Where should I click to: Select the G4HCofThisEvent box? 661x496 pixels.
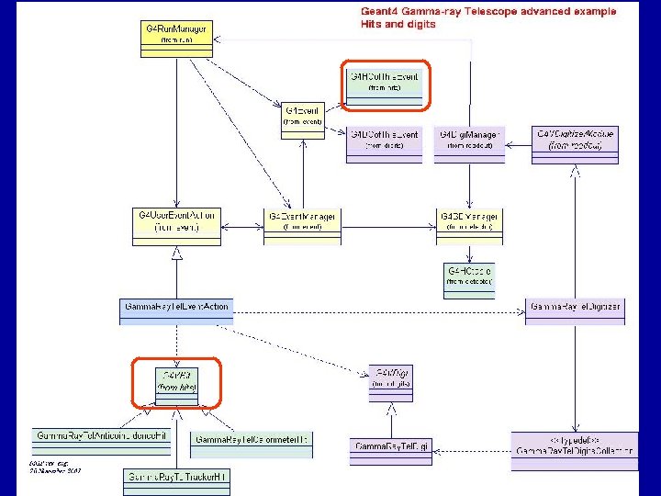(384, 82)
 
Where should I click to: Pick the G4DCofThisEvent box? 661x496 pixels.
(384, 140)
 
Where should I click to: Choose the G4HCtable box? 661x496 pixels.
(469, 278)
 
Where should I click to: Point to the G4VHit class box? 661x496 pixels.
(177, 382)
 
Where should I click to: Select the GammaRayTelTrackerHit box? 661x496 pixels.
(175, 479)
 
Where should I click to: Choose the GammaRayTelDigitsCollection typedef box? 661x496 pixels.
(575, 451)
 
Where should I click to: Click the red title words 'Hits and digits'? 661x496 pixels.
(398, 25)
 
